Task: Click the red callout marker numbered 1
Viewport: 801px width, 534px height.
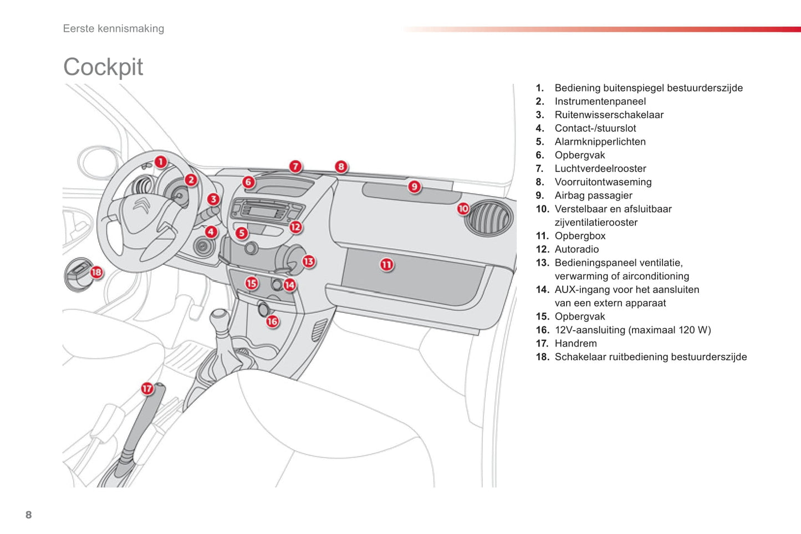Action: (160, 162)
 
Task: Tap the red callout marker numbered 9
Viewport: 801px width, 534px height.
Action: (414, 187)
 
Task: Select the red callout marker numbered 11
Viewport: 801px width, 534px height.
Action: (386, 265)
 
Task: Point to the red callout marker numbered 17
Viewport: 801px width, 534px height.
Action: (147, 388)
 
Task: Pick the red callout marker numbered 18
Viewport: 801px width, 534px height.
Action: (96, 272)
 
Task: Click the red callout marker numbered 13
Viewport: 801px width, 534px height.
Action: (308, 261)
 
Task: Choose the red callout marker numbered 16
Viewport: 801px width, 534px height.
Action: (272, 321)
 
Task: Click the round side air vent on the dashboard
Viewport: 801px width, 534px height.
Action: (489, 218)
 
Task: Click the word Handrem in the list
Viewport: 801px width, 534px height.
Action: (575, 343)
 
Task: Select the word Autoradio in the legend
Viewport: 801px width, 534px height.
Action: (576, 249)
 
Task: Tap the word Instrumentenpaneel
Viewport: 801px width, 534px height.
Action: (600, 101)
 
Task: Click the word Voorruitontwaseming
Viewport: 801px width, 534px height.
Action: (603, 182)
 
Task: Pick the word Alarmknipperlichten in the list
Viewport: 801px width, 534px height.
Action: (600, 142)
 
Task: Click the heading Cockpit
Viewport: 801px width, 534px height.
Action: (103, 67)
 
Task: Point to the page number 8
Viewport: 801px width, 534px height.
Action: (29, 515)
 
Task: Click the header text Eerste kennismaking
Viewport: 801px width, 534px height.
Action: (114, 29)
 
